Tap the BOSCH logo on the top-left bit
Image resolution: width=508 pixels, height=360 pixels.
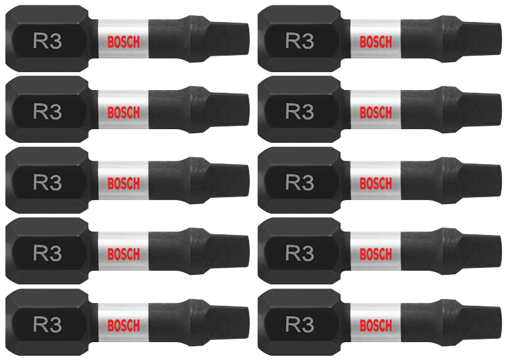coord(124,41)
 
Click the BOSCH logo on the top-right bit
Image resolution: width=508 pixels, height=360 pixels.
coord(376,41)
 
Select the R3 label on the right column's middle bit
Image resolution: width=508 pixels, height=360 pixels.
coord(299,182)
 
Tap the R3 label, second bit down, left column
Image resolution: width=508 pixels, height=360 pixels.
coord(47,111)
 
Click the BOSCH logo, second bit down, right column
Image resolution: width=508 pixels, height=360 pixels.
coord(376,112)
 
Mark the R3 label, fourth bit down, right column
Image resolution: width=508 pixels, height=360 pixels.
coord(299,254)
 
